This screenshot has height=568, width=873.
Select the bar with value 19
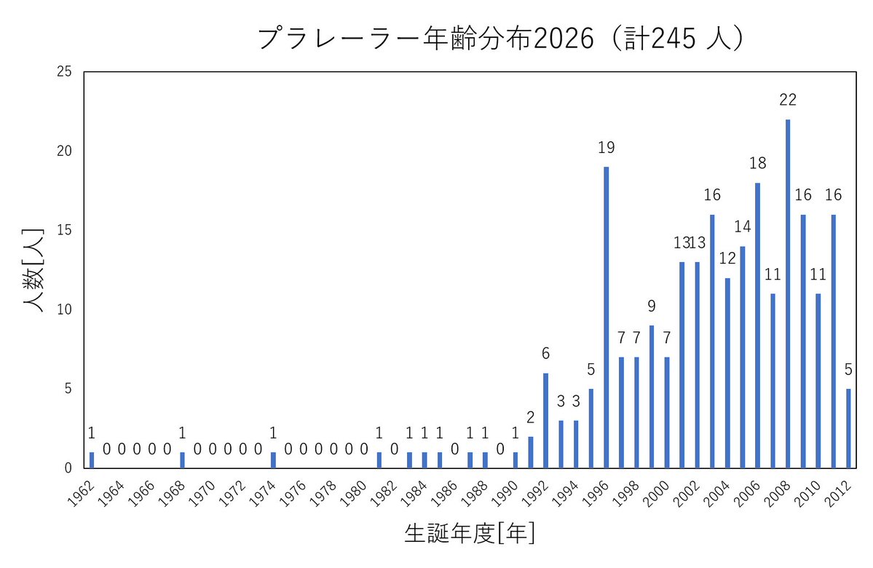tap(607, 317)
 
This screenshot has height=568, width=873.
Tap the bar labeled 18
tap(757, 325)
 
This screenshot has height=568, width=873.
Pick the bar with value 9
tap(652, 396)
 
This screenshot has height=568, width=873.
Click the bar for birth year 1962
tap(92, 459)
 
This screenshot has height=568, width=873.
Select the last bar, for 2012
tap(848, 428)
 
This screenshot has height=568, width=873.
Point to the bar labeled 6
tap(545, 420)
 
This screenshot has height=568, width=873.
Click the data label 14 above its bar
tap(742, 226)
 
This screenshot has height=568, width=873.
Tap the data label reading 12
tap(727, 259)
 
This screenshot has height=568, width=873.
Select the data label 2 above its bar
tap(531, 417)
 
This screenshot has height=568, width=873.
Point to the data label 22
tap(788, 100)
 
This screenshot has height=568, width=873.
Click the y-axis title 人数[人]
tap(33, 269)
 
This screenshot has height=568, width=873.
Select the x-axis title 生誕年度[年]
tap(470, 534)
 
